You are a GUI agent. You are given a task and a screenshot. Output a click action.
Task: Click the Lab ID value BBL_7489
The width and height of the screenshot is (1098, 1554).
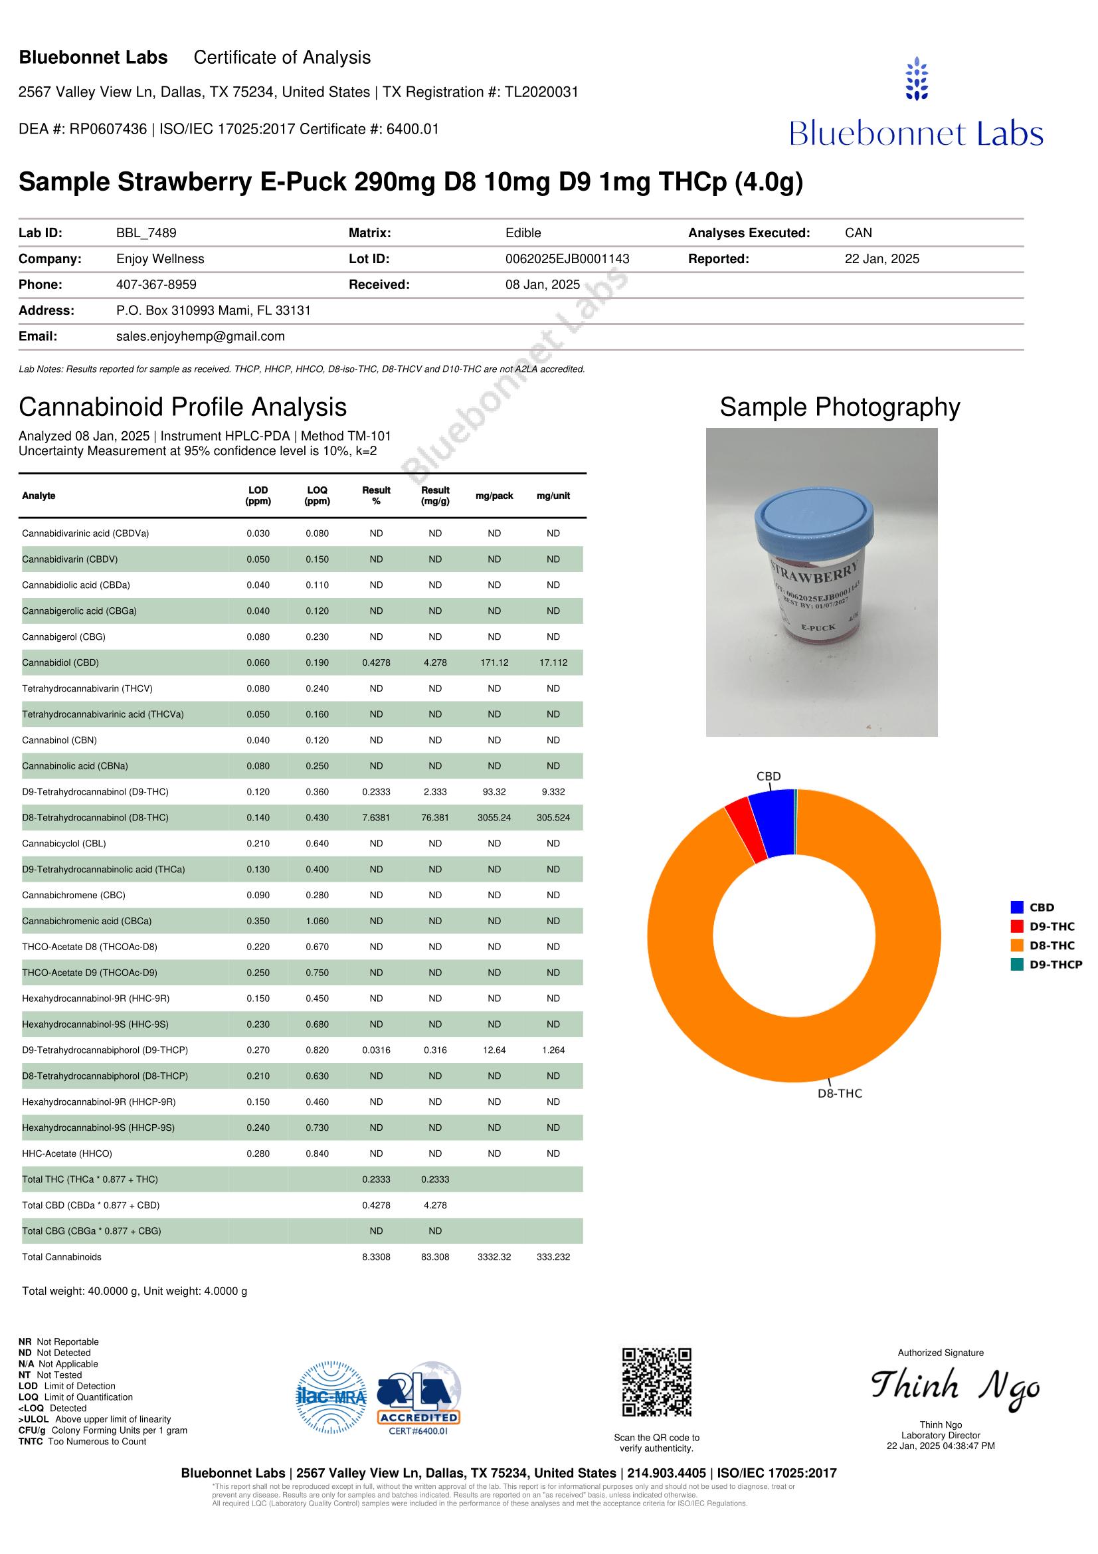(x=146, y=233)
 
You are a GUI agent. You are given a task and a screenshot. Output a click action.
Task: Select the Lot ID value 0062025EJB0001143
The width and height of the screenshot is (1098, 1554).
(x=567, y=258)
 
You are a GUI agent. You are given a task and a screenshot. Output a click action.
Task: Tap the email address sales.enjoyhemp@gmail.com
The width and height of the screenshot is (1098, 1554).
(x=200, y=336)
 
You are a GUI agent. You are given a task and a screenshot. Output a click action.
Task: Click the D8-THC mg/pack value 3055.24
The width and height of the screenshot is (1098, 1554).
(x=494, y=818)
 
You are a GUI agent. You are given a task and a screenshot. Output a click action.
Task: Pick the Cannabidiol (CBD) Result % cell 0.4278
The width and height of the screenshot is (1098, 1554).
(x=376, y=662)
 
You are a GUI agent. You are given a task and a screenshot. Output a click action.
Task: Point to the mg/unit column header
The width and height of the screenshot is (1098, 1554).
(x=553, y=496)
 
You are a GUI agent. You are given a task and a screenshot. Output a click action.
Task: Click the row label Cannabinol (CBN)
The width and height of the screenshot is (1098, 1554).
(x=60, y=739)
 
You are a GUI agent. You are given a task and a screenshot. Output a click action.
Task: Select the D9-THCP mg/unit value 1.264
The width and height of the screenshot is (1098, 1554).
(x=553, y=1050)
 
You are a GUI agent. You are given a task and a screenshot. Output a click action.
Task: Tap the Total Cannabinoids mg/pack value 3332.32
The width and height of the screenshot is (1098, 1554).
(x=494, y=1257)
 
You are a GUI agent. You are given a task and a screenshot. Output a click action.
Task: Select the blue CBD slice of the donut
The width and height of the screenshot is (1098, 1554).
(x=773, y=823)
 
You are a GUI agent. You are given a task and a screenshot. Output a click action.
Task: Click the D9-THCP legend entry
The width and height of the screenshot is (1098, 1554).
(x=1046, y=965)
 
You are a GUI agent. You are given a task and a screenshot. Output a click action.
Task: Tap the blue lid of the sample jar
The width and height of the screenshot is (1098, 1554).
(x=813, y=518)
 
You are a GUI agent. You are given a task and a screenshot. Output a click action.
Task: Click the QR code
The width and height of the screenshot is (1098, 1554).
(x=656, y=1382)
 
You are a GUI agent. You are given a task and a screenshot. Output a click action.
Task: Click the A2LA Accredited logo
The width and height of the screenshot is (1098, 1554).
(x=418, y=1397)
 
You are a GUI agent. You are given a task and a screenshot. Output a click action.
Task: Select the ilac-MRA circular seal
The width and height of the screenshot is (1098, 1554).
(x=331, y=1397)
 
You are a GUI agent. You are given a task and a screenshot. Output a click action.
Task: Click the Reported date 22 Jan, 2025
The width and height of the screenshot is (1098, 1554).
(x=881, y=258)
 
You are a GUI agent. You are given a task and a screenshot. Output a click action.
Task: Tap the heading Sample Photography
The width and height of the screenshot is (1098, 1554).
(x=840, y=407)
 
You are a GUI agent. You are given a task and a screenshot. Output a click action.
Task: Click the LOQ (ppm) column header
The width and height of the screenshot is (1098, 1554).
(x=318, y=496)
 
